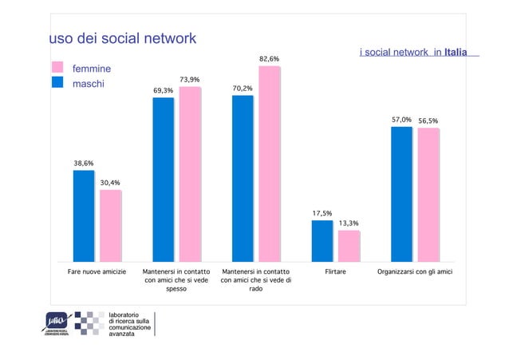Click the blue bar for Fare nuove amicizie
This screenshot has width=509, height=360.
(84, 216)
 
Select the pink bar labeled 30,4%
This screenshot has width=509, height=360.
(110, 225)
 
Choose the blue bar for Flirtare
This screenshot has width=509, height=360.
(322, 240)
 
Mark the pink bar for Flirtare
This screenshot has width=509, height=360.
(349, 246)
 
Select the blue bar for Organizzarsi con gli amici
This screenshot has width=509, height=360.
(401, 193)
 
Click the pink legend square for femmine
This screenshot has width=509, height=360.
(57, 68)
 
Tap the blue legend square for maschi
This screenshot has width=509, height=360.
(57, 82)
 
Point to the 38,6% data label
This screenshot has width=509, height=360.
(84, 163)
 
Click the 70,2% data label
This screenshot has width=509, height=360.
(243, 88)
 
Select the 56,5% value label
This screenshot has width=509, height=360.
(428, 121)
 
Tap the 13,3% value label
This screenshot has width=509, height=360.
(349, 224)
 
